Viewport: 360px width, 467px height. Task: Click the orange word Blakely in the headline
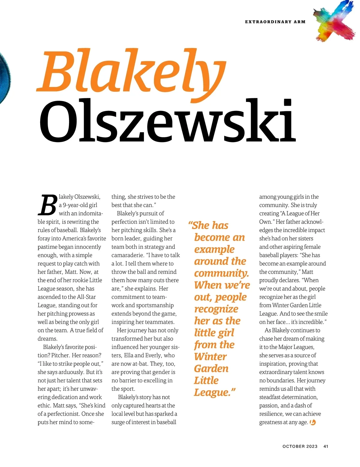[131, 72]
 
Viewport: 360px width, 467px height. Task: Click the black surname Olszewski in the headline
[167, 121]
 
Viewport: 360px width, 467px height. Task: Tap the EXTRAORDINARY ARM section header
[275, 22]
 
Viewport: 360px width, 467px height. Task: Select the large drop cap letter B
[47, 205]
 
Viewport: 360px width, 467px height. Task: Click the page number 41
[326, 446]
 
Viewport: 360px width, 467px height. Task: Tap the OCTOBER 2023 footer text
[300, 446]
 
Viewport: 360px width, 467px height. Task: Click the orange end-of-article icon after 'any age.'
[313, 422]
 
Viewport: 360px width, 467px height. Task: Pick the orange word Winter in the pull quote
[210, 357]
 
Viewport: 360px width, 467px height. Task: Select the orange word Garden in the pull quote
[211, 369]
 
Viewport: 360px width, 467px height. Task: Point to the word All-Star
[86, 297]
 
